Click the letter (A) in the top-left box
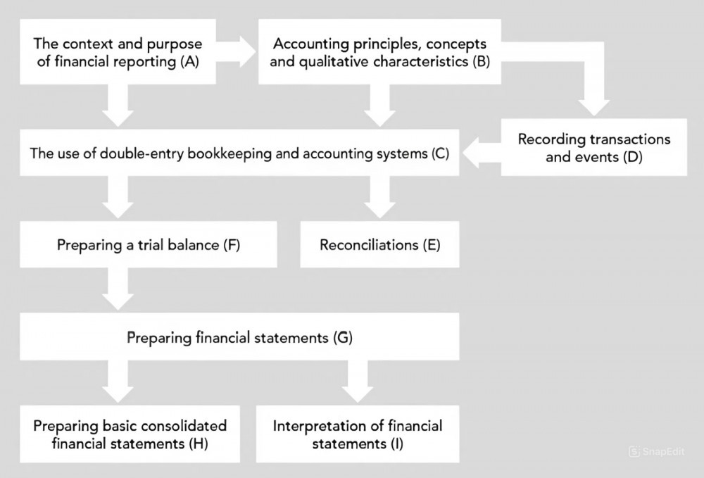(189, 62)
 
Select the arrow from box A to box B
(239, 52)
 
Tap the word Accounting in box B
(307, 44)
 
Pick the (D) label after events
(632, 157)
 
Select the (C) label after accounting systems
(439, 153)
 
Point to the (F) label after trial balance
(232, 245)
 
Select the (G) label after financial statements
(341, 338)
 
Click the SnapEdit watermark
(656, 451)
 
